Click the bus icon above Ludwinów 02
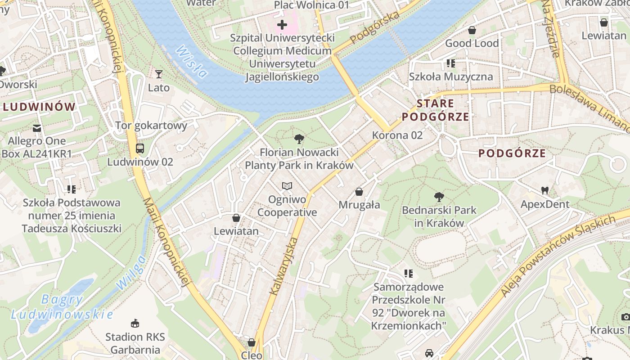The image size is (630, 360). (140, 148)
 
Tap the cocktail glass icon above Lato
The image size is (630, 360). (158, 74)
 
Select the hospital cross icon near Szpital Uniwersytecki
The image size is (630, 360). (282, 24)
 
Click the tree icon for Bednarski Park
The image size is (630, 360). (439, 197)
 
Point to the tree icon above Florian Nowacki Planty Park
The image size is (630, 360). (299, 139)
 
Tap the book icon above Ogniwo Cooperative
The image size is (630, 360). (287, 186)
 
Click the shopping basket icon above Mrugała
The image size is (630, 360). (359, 192)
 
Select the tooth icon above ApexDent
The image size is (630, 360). (545, 190)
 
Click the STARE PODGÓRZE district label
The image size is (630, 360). (435, 110)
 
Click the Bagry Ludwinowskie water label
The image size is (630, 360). (62, 307)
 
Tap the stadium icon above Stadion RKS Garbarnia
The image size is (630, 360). (135, 323)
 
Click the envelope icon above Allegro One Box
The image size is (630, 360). (37, 128)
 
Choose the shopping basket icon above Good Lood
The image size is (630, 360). (472, 30)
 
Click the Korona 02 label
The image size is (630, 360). (397, 135)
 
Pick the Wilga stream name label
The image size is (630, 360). (131, 272)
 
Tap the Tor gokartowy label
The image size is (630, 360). (151, 125)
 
